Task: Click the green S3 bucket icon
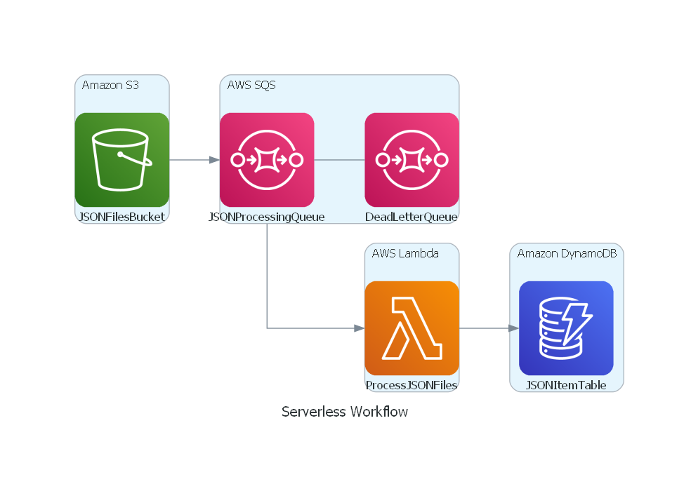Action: [x=122, y=160]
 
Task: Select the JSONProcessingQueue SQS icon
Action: [x=267, y=160]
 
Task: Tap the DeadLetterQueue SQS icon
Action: [x=412, y=160]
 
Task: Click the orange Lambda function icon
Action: [x=412, y=328]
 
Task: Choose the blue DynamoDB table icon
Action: [x=566, y=328]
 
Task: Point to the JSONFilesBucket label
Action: [x=121, y=217]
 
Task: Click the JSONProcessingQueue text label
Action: [x=267, y=217]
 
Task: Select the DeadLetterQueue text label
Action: [x=412, y=217]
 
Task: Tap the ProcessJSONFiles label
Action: [x=412, y=385]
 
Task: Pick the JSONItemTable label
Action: [x=566, y=385]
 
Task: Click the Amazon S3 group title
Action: [x=110, y=85]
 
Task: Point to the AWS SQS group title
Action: [x=251, y=85]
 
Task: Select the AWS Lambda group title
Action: [x=405, y=253]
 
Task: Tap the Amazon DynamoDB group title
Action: [x=567, y=253]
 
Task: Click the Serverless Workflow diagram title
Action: [x=345, y=411]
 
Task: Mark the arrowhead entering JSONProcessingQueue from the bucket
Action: [x=215, y=160]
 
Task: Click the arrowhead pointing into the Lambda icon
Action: [x=360, y=328]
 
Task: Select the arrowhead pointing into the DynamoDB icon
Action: [x=514, y=328]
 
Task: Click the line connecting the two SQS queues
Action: [x=339, y=160]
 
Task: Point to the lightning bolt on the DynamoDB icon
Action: [x=577, y=323]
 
